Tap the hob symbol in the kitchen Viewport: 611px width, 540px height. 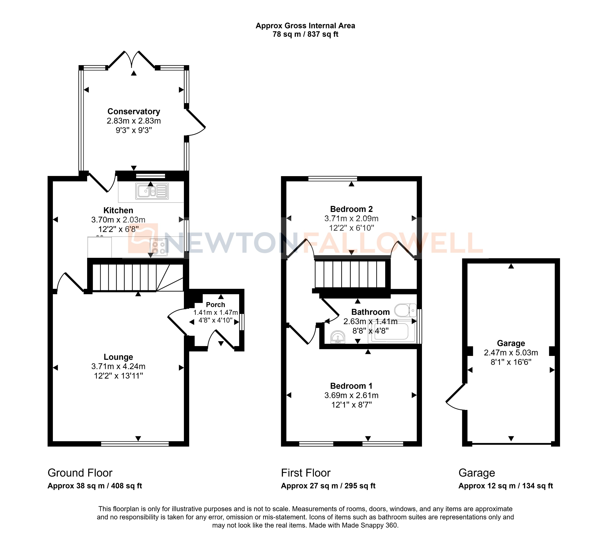(158, 247)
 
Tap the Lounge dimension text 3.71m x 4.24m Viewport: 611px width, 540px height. (118, 366)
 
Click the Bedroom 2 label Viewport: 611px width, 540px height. (351, 209)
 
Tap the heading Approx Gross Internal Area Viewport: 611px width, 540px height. (305, 26)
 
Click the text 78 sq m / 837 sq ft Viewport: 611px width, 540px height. (305, 34)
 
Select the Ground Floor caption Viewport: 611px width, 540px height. (80, 473)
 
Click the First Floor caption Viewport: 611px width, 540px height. (305, 473)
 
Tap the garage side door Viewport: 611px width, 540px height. (455, 397)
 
